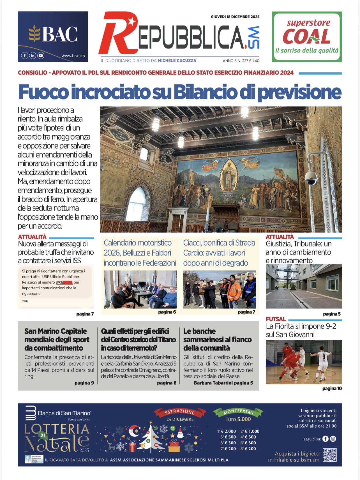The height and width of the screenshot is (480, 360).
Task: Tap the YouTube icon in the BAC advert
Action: click(x=41, y=56)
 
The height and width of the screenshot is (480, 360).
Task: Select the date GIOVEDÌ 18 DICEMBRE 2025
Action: click(x=235, y=17)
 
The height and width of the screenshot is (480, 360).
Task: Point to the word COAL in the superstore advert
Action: click(x=306, y=36)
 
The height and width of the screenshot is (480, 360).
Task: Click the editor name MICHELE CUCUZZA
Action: click(x=177, y=61)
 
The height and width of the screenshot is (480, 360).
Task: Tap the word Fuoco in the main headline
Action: click(x=43, y=92)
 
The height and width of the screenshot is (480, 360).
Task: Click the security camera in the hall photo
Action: click(x=311, y=177)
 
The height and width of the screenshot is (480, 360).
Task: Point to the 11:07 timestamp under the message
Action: click(x=25, y=301)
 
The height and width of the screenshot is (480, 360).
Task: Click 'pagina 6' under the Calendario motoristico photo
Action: click(x=167, y=312)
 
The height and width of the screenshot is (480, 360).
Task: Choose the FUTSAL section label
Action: click(x=276, y=319)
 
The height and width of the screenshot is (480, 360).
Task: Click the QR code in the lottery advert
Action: click(x=329, y=455)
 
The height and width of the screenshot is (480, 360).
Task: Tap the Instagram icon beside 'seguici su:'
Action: click(x=333, y=439)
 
